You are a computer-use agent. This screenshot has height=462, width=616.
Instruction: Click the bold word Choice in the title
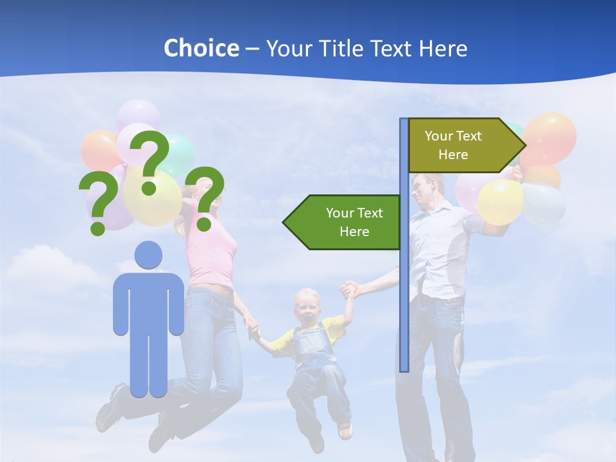[x=201, y=48]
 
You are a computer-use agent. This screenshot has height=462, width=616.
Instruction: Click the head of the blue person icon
[x=148, y=255]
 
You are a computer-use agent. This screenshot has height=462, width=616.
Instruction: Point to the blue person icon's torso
[x=148, y=302]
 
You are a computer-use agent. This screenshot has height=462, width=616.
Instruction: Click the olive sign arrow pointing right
[x=462, y=146]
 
